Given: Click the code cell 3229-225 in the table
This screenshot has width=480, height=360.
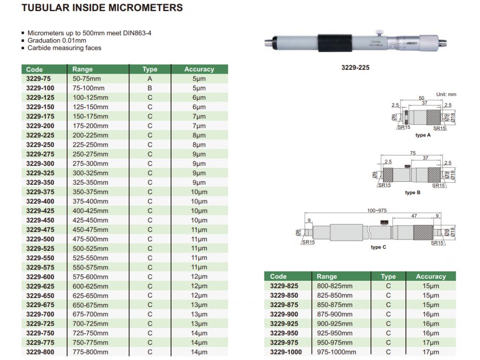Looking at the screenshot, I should tap(40, 135).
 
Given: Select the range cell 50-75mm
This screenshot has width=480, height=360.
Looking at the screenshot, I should tap(87, 79).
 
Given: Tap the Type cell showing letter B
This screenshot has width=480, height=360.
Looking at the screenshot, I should tap(150, 88).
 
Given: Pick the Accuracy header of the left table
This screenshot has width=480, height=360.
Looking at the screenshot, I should tap(199, 69).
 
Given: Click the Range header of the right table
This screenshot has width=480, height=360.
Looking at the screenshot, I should tap(327, 277).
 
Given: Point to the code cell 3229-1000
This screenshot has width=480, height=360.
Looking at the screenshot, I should tap(286, 352).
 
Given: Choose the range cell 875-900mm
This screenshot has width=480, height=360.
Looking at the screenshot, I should tap(335, 314).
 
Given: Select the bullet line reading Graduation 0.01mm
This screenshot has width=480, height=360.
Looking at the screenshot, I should tap(57, 41).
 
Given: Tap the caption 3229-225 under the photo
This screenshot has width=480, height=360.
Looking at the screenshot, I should tap(355, 67).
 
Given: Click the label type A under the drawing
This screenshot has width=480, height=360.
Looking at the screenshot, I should tap(423, 135).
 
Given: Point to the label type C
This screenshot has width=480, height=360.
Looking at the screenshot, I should tap(378, 247).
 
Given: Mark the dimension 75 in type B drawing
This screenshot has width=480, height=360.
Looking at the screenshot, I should tap(412, 153).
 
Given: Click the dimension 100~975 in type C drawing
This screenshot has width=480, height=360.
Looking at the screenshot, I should tap(377, 211).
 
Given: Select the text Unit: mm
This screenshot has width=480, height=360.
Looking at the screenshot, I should tap(446, 95).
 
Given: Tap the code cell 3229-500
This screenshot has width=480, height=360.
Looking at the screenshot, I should tap(40, 239).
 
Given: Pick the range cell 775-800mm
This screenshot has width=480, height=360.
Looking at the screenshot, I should tap(90, 352).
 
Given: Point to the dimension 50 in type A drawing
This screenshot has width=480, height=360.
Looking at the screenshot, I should tap(421, 98).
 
